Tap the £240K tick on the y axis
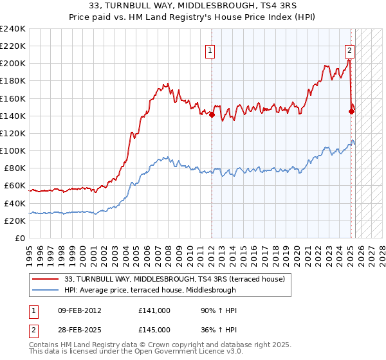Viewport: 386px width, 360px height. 13,29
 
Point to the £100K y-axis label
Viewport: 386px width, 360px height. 13,150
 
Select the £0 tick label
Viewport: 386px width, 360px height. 21,238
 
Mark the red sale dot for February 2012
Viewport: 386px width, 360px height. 212,115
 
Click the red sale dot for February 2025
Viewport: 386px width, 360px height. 351,111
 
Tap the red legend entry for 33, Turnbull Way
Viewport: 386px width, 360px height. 161,278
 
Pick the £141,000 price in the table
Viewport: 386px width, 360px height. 154,310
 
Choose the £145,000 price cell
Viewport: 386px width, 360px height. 154,328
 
